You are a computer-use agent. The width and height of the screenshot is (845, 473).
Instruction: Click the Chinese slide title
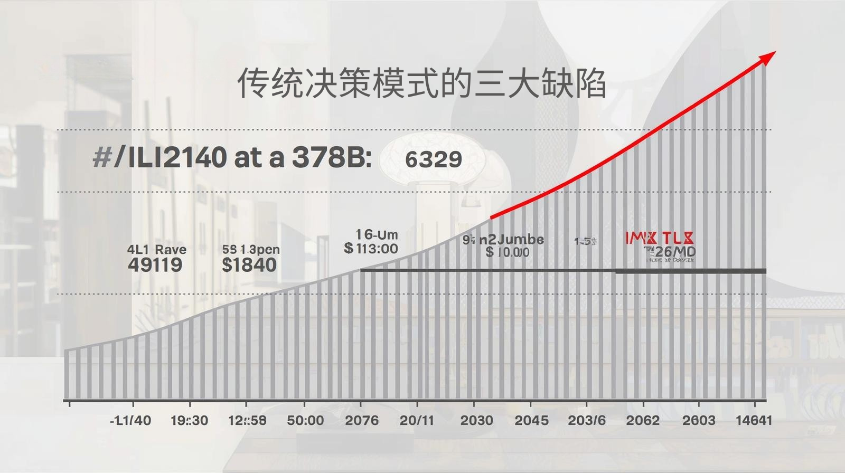[421, 83]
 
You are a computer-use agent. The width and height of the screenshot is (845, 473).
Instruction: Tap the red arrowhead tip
[774, 52]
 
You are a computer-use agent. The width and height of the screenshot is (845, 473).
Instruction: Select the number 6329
[434, 159]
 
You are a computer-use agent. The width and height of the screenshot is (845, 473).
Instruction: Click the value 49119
[155, 264]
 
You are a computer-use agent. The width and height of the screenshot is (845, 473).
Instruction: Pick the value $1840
[249, 264]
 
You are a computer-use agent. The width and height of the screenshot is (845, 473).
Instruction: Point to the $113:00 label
[371, 248]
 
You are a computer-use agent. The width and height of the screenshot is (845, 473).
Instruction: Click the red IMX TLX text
[660, 239]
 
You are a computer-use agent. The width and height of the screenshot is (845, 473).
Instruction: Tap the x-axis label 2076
[362, 420]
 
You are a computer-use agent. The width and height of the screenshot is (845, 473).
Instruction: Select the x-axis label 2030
[476, 420]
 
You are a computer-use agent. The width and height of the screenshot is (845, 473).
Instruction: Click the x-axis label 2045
[531, 420]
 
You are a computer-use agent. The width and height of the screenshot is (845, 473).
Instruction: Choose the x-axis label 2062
[643, 420]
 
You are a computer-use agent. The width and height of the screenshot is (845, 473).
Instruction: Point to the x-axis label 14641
[754, 420]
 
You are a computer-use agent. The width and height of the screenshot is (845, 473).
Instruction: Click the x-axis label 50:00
[305, 420]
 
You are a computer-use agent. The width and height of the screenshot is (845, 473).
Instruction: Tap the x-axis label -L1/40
[130, 420]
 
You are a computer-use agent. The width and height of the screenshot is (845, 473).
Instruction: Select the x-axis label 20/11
[417, 420]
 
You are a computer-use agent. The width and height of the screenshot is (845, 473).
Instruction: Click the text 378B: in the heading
[332, 157]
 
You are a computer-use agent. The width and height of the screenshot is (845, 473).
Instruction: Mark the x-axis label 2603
[699, 420]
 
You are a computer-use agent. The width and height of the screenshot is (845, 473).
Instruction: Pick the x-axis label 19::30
[189, 420]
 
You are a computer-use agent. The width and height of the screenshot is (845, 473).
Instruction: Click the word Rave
[171, 249]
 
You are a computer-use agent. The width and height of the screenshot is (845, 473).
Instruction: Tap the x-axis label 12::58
[247, 420]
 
